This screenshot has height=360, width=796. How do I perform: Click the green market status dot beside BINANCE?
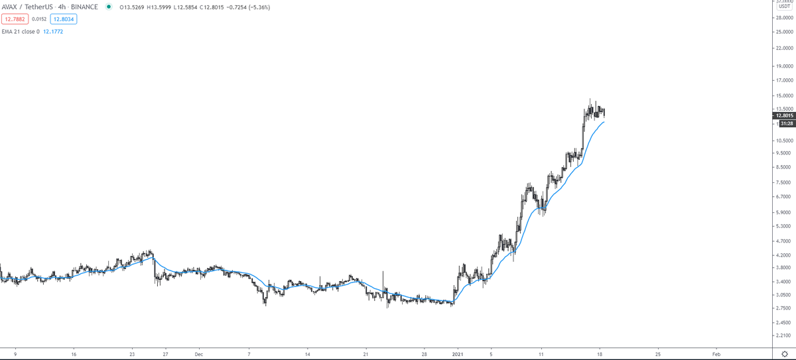108,7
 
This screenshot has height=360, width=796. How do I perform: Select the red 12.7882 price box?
15,19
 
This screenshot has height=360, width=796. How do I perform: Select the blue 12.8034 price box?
64,19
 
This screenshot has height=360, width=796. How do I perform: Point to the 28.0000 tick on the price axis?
784,19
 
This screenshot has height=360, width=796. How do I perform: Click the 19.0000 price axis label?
784,85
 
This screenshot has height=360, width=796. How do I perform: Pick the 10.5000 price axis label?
784,141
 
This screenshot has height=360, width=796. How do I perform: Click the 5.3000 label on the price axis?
784,226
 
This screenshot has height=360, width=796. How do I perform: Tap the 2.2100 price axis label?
784,336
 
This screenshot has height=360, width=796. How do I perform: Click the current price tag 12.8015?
784,115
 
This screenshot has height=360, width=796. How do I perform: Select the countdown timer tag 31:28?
787,123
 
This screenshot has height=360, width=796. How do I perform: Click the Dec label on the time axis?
198,355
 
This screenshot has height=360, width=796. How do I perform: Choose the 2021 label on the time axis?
458,355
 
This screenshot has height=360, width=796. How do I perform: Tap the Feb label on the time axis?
716,355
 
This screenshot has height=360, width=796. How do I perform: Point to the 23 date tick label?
132,355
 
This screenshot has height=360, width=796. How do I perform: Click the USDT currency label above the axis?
784,6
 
